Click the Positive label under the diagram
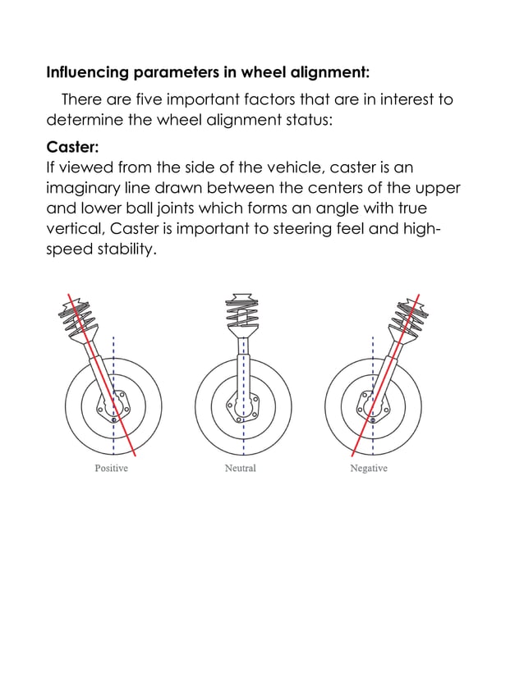[111, 468]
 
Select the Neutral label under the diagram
[240, 468]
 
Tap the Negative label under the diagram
[369, 468]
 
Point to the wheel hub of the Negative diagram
[372, 405]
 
